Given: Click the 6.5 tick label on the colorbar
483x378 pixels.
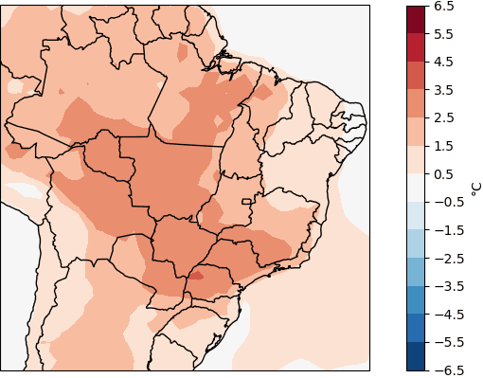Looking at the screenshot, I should tap(445, 7).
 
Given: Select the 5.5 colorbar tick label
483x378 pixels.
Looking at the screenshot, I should tap(445, 34).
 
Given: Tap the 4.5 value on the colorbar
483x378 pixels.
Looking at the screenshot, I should tap(445, 63).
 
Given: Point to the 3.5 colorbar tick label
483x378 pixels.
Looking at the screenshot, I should tap(445, 90).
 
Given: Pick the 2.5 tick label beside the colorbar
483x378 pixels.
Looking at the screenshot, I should tap(445, 118).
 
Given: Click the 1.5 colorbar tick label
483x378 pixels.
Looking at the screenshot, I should tap(445, 146).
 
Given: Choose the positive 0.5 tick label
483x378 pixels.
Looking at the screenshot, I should tap(445, 174).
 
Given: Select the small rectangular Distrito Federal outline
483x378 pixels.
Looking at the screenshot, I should tap(247, 201).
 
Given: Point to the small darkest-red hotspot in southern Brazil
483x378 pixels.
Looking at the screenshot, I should tap(196, 276).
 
